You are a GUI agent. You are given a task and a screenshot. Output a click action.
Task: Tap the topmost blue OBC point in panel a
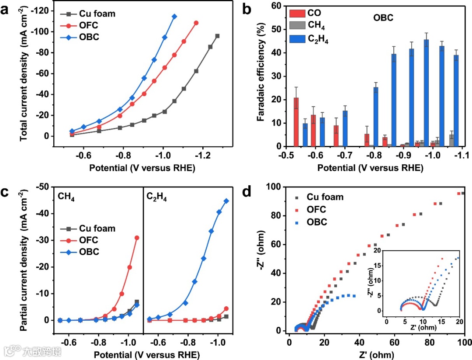(x=174, y=17)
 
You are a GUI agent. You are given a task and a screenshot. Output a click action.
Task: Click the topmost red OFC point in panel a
(x=196, y=23)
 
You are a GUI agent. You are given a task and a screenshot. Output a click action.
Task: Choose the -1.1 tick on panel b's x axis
(x=462, y=156)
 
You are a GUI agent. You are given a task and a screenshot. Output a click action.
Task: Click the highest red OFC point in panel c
(x=137, y=238)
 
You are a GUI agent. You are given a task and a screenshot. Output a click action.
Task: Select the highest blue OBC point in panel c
(x=226, y=201)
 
